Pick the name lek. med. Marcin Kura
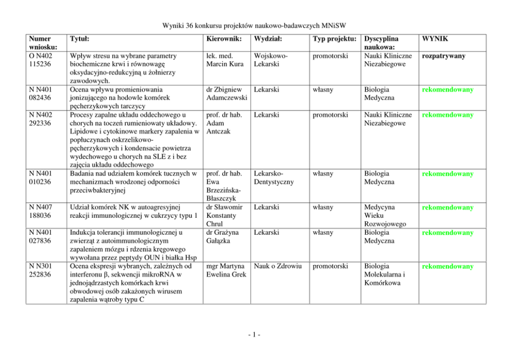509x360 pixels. pyautogui.click(x=221, y=60)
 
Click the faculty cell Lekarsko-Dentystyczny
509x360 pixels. pyautogui.click(x=273, y=178)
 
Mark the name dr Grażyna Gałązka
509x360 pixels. pyautogui.click(x=222, y=237)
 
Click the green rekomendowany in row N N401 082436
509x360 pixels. pyautogui.click(x=447, y=90)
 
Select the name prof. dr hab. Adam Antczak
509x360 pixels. pyautogui.click(x=221, y=123)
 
